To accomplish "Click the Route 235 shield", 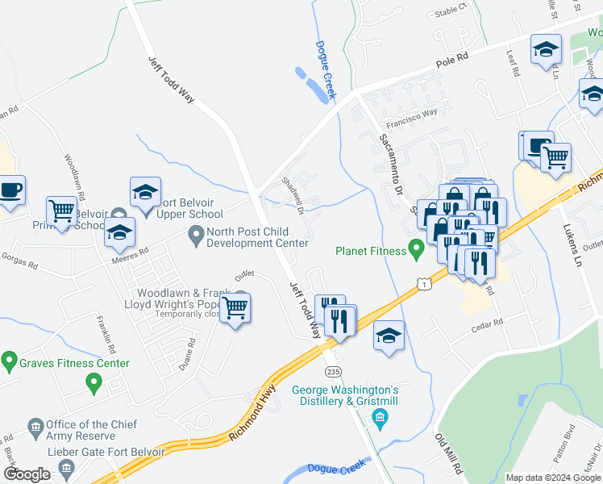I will (x=332, y=370).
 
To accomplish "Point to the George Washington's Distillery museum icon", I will (x=380, y=417).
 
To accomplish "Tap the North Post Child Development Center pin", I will (x=195, y=236).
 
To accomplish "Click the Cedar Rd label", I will (x=487, y=322).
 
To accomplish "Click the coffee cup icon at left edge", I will (x=10, y=190).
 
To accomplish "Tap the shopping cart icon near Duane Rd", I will (x=235, y=307).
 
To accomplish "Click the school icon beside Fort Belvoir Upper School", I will (x=145, y=193).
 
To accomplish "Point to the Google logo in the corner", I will (x=27, y=474).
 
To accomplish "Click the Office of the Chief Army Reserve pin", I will (x=35, y=425).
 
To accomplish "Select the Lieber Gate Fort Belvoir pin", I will (x=69, y=467).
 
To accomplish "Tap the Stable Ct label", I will (x=451, y=10).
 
